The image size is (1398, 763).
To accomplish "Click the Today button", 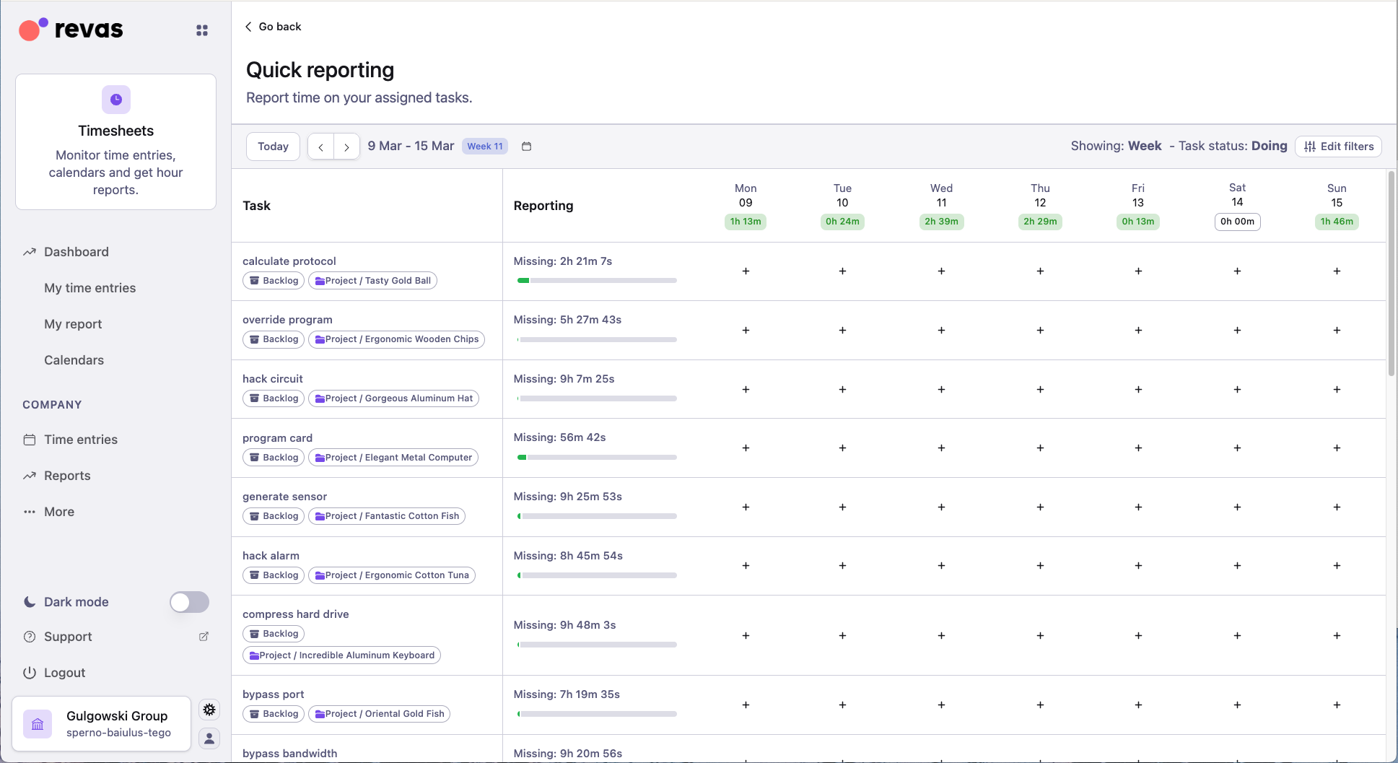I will [x=273, y=147].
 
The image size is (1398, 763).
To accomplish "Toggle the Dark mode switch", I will [x=189, y=602].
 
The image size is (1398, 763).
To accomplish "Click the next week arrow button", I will [x=346, y=147].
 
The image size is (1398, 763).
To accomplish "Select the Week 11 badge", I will [x=484, y=147].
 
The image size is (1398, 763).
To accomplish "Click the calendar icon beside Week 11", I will [x=526, y=147].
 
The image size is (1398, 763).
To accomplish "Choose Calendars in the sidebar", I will [x=74, y=360].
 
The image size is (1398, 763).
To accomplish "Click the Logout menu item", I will [x=64, y=673].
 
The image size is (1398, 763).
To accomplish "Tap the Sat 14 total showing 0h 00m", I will [x=1237, y=222].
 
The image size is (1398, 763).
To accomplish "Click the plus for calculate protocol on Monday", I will [x=746, y=271].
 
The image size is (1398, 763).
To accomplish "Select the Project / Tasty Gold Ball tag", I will [x=372, y=281].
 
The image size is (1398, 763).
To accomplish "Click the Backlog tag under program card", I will [x=274, y=458].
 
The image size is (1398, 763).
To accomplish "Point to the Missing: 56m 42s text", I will [x=559, y=437].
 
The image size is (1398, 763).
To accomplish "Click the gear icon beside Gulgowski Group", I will [x=209, y=710].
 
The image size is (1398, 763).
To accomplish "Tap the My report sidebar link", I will [x=73, y=324].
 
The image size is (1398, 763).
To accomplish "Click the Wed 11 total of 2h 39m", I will [x=941, y=222].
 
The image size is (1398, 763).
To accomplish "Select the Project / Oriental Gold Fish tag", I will [x=379, y=714].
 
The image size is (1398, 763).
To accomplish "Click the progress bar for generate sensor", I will [x=597, y=516].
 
